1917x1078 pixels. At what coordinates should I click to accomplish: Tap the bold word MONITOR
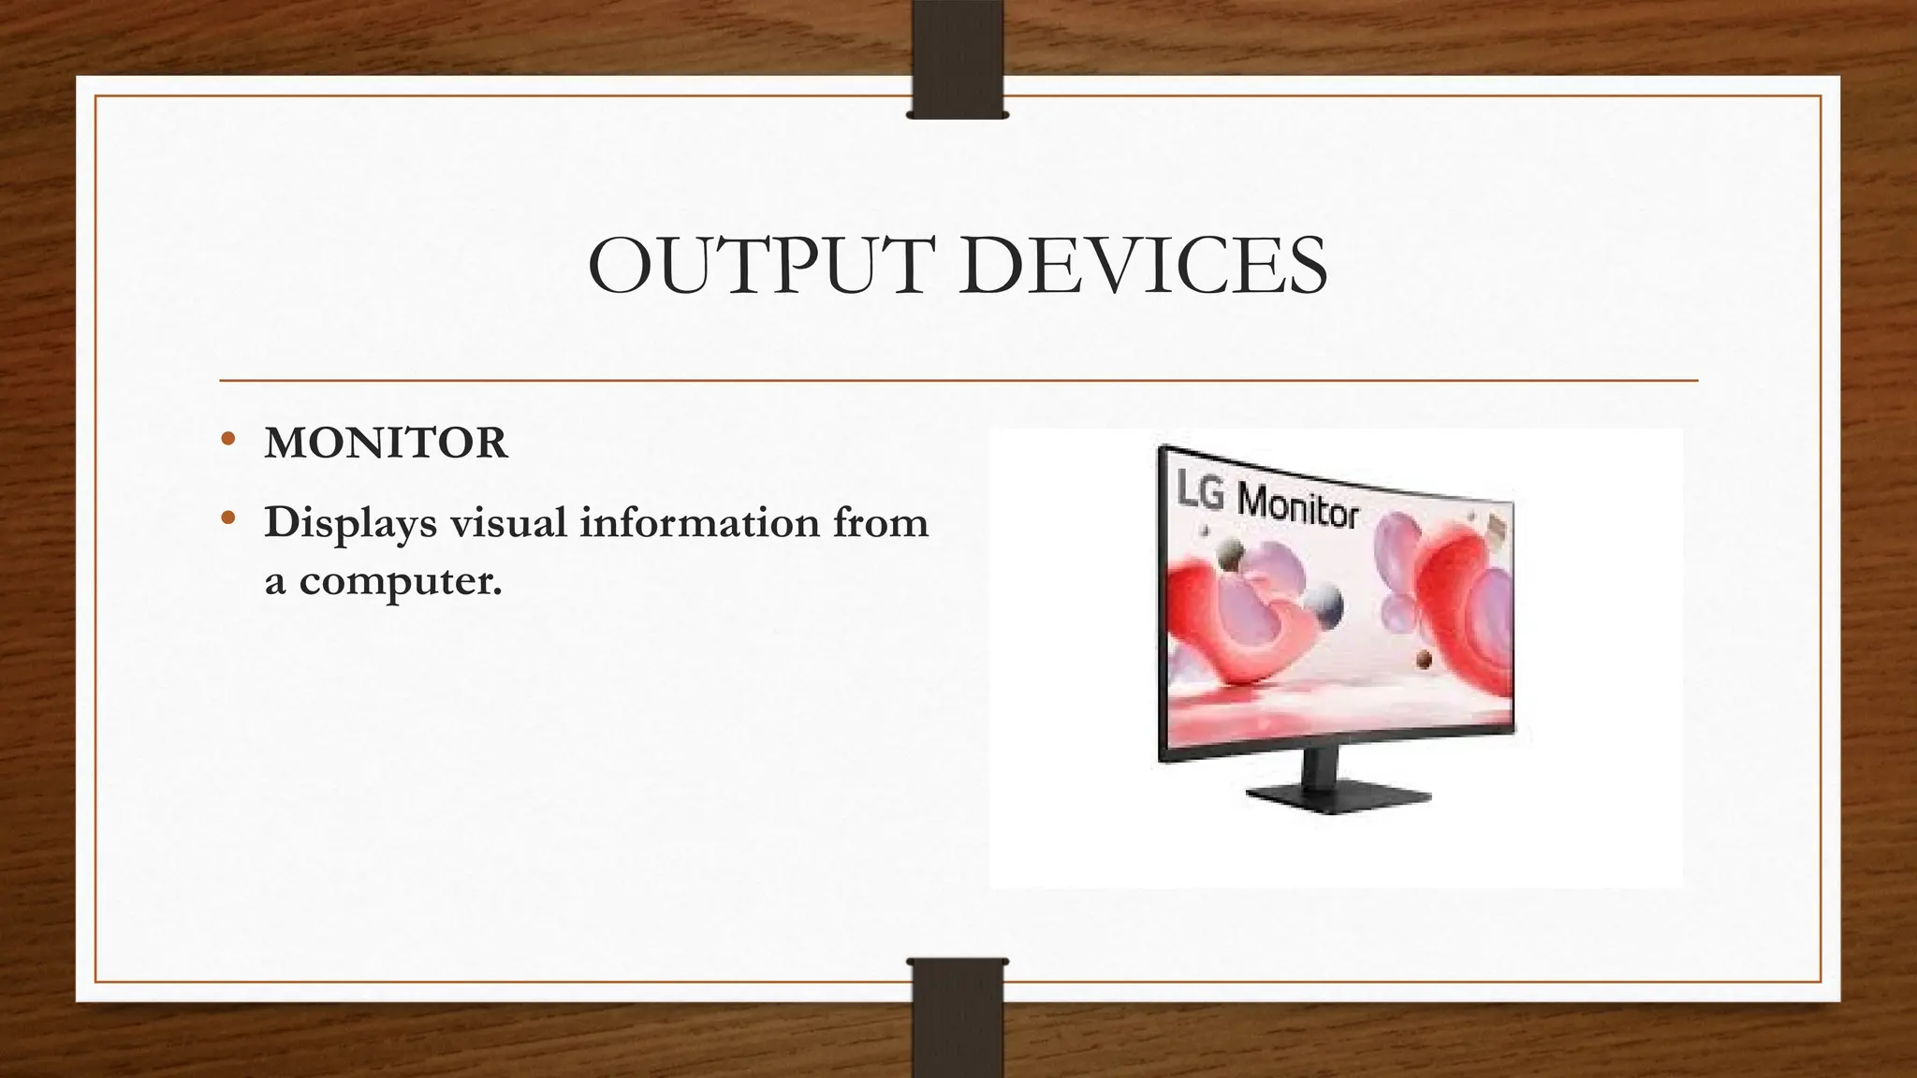pyautogui.click(x=386, y=444)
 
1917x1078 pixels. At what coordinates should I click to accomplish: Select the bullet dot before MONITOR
pyautogui.click(x=227, y=440)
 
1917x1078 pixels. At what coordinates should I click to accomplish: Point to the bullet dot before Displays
pyautogui.click(x=227, y=518)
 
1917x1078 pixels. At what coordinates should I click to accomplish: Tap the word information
pyautogui.click(x=699, y=522)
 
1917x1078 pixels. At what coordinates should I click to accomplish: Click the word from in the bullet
pyautogui.click(x=880, y=522)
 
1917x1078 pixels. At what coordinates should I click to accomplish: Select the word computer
pyautogui.click(x=401, y=582)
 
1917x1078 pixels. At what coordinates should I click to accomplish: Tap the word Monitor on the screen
pyautogui.click(x=1297, y=509)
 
